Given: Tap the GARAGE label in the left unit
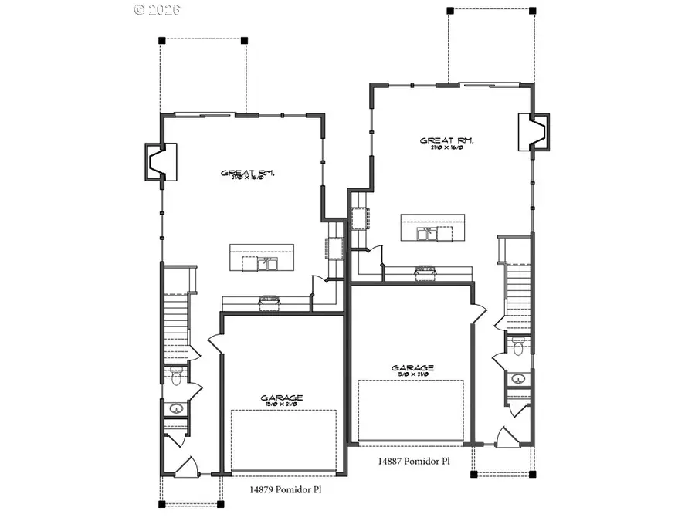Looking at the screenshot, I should pyautogui.click(x=281, y=398).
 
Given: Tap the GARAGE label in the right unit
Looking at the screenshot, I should pyautogui.click(x=412, y=368).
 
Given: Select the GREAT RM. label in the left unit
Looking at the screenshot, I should pyautogui.click(x=249, y=174).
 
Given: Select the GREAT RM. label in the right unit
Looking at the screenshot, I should pyautogui.click(x=446, y=141).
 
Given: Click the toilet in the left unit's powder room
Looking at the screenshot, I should pyautogui.click(x=175, y=378).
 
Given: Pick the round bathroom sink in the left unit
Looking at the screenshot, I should pyautogui.click(x=176, y=409).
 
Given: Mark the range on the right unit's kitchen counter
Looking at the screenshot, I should pyautogui.click(x=425, y=271).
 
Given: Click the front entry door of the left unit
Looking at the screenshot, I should pyautogui.click(x=184, y=465).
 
